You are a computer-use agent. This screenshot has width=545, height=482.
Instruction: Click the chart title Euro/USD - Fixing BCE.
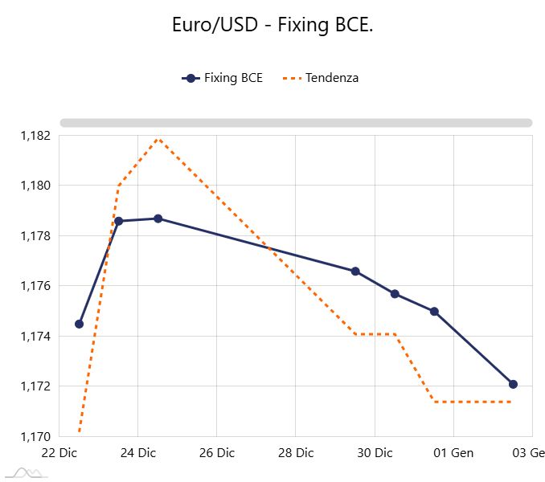pyautogui.click(x=272, y=25)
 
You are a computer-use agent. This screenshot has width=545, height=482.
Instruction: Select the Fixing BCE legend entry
pyautogui.click(x=223, y=78)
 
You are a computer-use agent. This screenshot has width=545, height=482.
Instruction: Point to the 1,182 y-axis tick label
pyautogui.click(x=35, y=136)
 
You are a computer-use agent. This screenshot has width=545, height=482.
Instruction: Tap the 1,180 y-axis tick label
pyautogui.click(x=35, y=186)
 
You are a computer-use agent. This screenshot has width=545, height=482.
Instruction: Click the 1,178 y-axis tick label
pyautogui.click(x=35, y=236)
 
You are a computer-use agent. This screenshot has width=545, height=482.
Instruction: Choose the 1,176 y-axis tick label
pyautogui.click(x=35, y=286)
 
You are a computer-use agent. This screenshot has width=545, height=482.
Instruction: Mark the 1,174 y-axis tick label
pyautogui.click(x=35, y=337)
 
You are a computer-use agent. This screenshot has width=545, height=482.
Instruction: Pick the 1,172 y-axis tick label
pyautogui.click(x=35, y=386)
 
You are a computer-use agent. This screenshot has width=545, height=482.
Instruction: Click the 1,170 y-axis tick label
pyautogui.click(x=35, y=437)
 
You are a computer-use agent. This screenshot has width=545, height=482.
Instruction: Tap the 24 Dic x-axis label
pyautogui.click(x=137, y=453)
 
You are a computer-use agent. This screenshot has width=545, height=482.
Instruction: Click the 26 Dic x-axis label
pyautogui.click(x=216, y=453)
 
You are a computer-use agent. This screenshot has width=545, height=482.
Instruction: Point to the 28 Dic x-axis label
pyautogui.click(x=295, y=453)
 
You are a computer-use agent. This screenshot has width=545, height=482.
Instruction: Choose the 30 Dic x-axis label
pyautogui.click(x=374, y=453)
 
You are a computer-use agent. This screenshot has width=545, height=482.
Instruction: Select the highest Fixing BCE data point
pyautogui.click(x=158, y=219)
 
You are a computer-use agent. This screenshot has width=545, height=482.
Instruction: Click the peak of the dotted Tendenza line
pyautogui.click(x=158, y=139)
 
